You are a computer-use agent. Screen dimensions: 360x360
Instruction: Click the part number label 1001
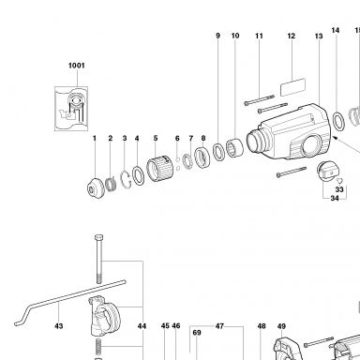[77, 66]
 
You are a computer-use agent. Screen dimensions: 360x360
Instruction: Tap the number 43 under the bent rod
[59, 326]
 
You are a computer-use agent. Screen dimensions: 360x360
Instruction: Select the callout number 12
[292, 36]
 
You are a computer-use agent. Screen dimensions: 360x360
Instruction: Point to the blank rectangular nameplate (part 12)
[292, 87]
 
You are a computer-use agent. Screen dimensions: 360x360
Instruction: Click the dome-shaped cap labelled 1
[96, 187]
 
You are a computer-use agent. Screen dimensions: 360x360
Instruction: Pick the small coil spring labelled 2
[111, 184]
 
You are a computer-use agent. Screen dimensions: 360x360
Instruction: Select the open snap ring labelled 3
[126, 180]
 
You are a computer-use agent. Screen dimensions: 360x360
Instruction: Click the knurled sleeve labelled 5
[160, 170]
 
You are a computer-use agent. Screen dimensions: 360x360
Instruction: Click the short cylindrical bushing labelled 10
[234, 148]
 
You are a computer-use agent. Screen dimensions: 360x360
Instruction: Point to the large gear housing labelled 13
[288, 132]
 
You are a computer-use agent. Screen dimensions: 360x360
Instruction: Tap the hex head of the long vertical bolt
[98, 237]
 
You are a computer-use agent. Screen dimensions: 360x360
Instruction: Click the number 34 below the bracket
[335, 198]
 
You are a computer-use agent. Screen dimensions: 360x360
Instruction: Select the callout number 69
[197, 333]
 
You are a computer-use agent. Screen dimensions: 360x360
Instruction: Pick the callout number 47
[219, 326]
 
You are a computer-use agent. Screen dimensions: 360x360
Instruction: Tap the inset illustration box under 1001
[71, 109]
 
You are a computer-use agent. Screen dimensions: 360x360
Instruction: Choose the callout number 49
[281, 326]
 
